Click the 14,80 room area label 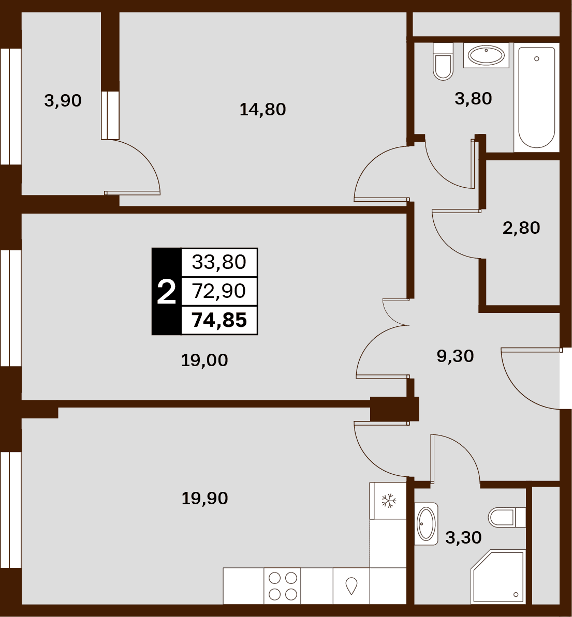[263, 110]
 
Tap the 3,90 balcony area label [63, 101]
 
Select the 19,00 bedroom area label [204, 360]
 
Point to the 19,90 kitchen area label [205, 499]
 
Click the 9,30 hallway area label [455, 356]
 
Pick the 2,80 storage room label [521, 228]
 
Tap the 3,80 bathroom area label [473, 98]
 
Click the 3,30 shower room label [463, 537]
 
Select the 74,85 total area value [219, 320]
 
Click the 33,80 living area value [219, 262]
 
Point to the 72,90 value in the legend [219, 291]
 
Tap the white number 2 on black [166, 292]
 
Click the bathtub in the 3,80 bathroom [537, 98]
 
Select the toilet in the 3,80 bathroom [443, 62]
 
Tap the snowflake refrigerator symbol [388, 501]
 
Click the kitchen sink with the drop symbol [351, 585]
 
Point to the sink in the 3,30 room [426, 524]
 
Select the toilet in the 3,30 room [507, 517]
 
